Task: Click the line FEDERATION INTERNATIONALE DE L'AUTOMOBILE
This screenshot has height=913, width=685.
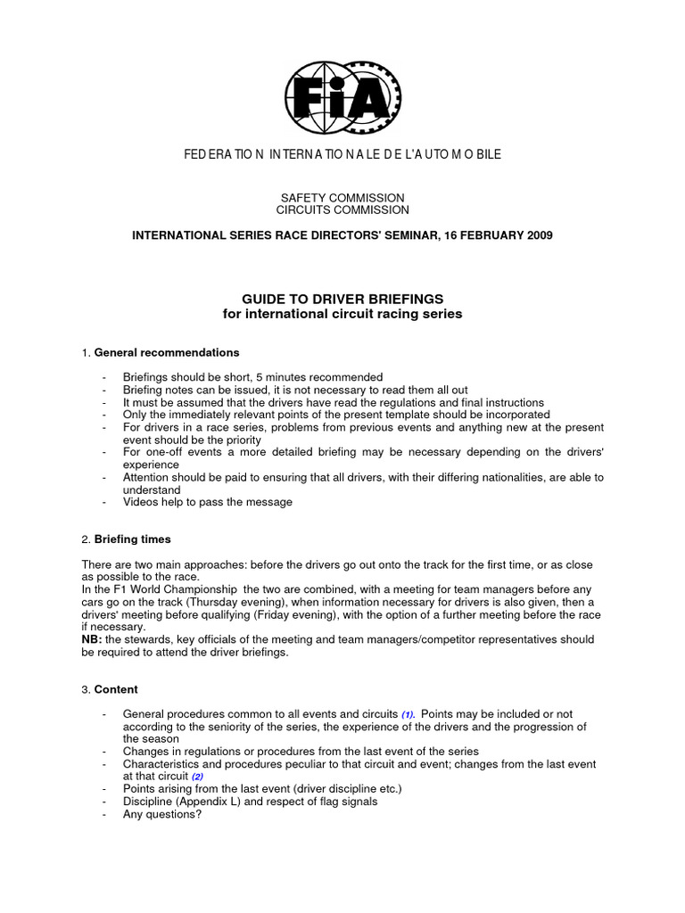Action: (342, 155)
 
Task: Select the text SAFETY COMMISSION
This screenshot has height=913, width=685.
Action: (342, 198)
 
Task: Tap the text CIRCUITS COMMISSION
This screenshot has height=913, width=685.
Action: (342, 210)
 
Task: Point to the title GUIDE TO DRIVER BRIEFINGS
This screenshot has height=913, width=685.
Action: (342, 299)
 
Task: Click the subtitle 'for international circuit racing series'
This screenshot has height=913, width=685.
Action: (342, 314)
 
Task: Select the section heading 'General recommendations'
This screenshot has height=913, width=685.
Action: (166, 352)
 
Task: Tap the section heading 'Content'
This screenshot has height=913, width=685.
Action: (116, 689)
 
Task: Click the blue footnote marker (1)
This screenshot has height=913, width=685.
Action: (408, 715)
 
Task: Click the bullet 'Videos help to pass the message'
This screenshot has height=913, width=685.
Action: (208, 502)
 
